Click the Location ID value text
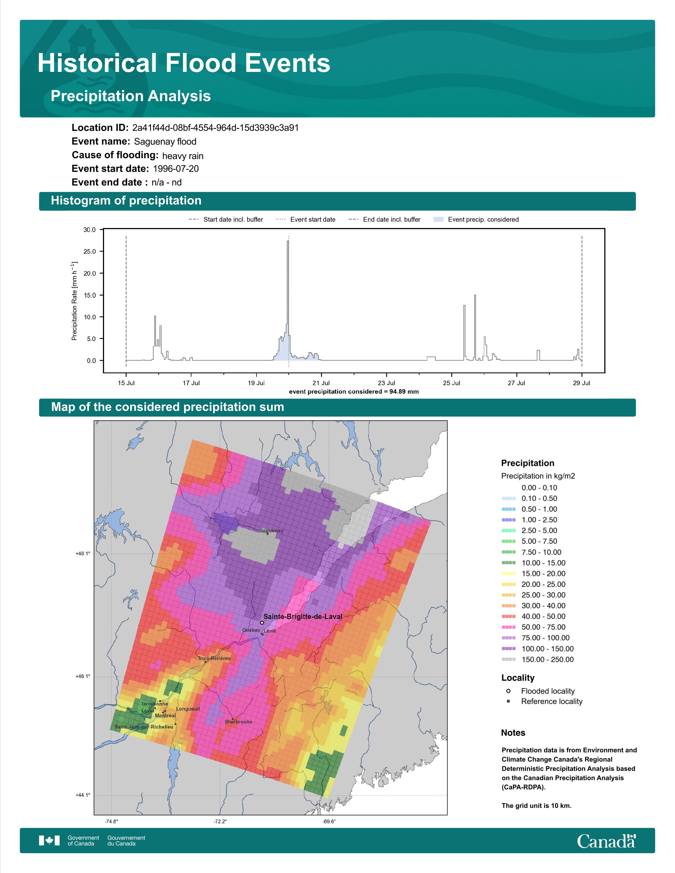click(x=215, y=128)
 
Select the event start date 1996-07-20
click(x=176, y=169)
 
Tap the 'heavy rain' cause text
click(x=183, y=156)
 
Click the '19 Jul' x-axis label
click(x=256, y=383)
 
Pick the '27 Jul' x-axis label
click(x=516, y=383)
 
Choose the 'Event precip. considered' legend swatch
click(x=439, y=220)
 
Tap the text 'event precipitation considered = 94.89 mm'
click(x=354, y=392)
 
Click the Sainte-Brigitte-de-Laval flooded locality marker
click(x=262, y=623)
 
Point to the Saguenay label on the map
click(x=272, y=531)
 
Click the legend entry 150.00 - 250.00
click(x=547, y=660)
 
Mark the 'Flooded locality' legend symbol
click(x=508, y=691)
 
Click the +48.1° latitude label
click(x=83, y=554)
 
